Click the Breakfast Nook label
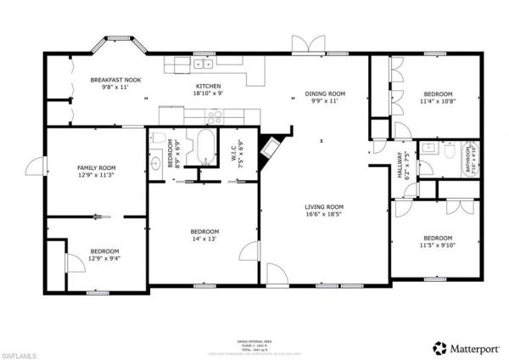tap(109, 79)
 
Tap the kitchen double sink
tap(203, 64)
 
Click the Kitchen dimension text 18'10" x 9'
tap(208, 94)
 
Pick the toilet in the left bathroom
tap(155, 162)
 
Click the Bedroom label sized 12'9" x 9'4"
tap(105, 251)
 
